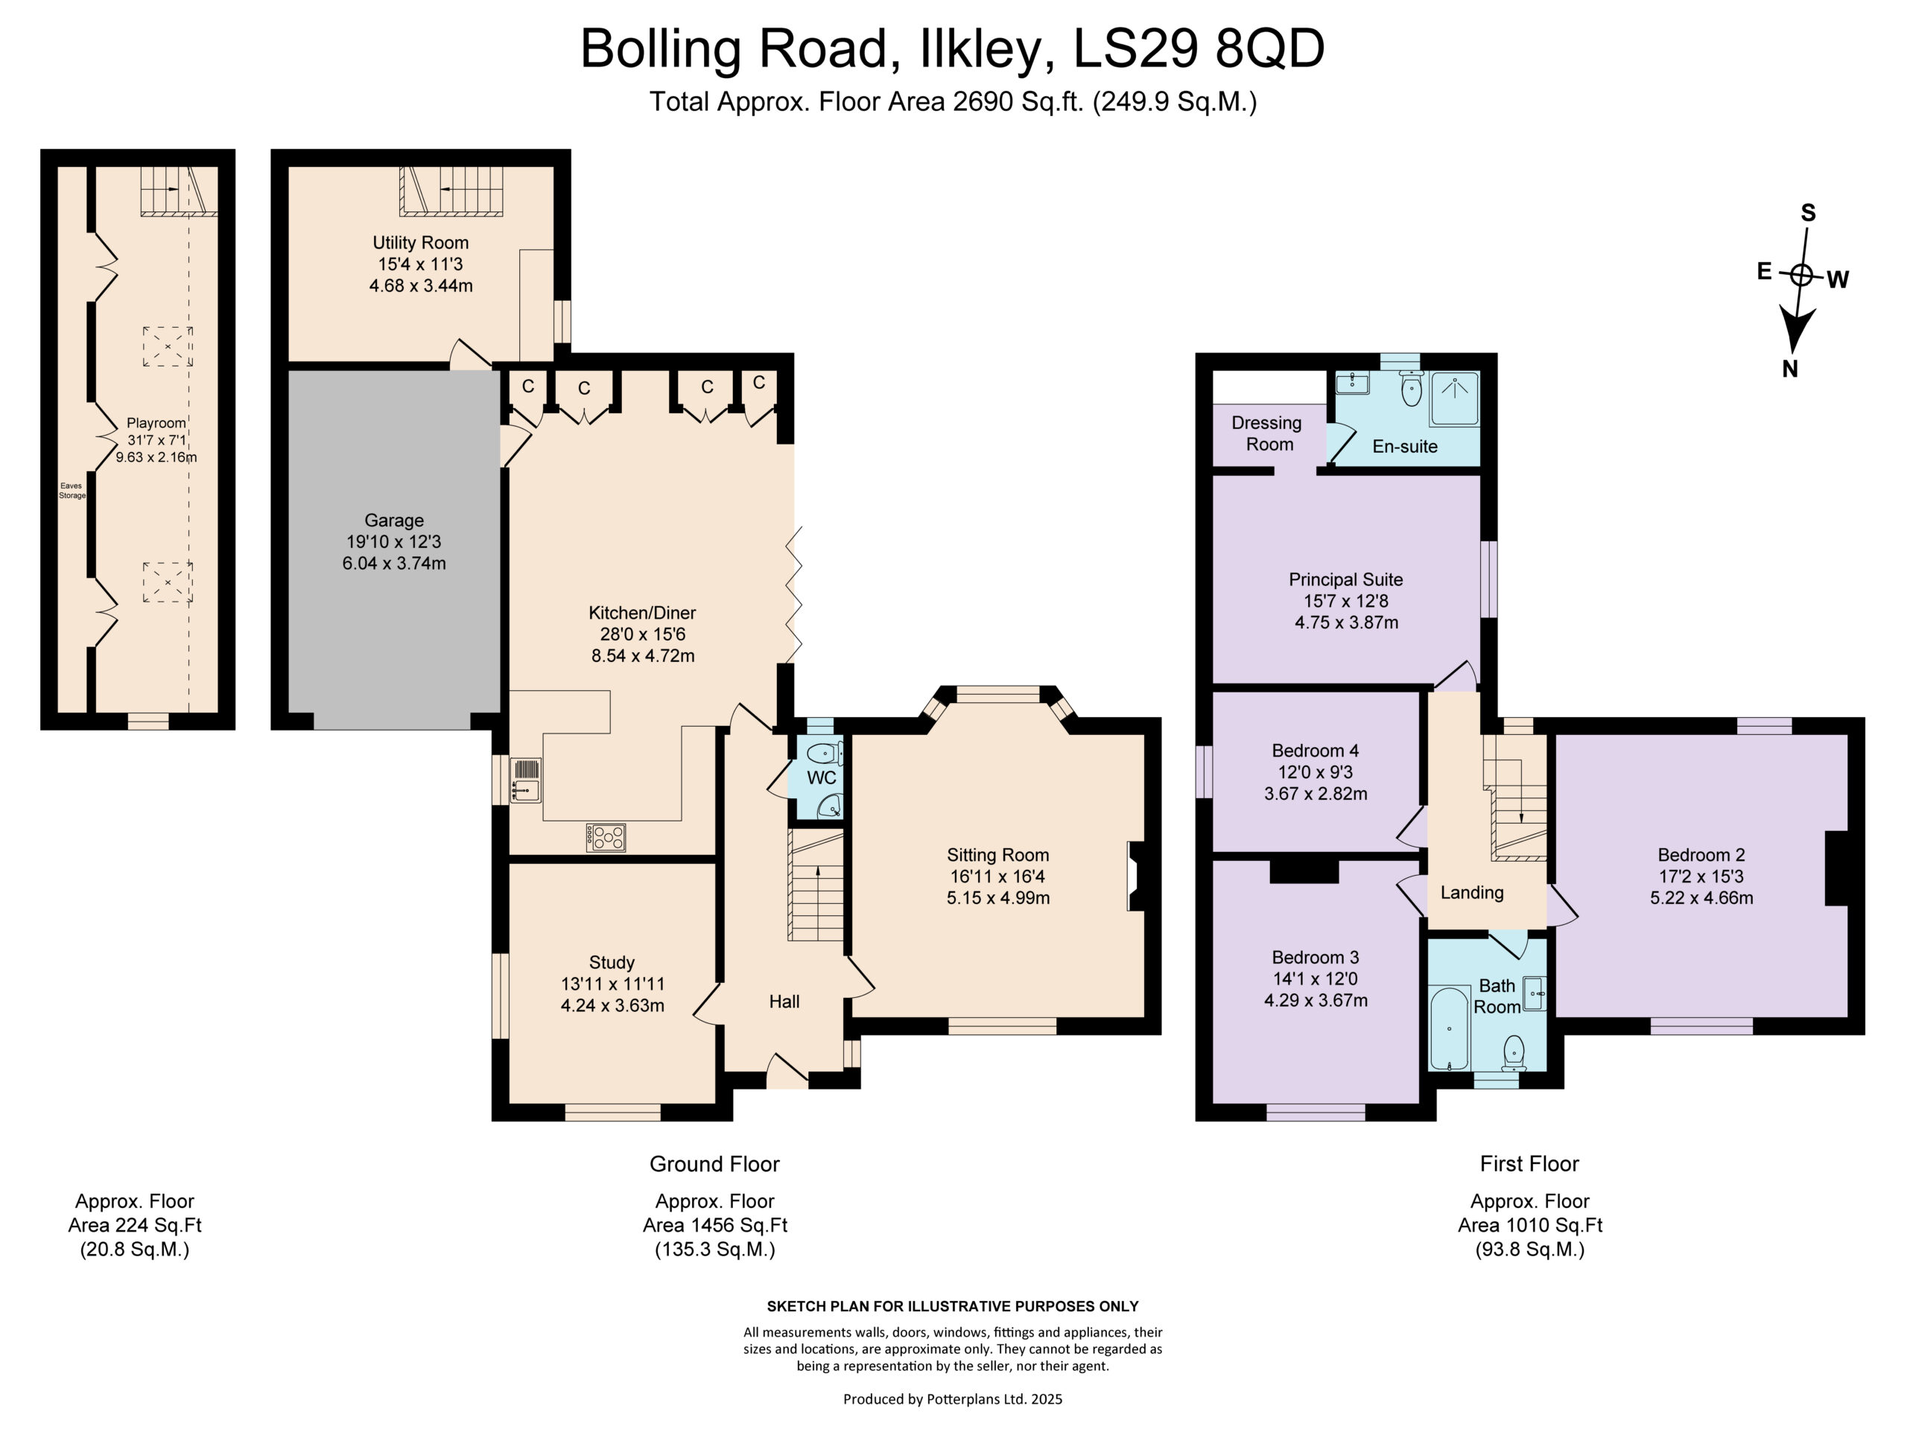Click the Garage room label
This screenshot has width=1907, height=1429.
pos(394,521)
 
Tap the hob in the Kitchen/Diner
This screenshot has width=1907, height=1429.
pos(606,837)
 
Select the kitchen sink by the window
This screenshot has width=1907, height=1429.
pos(525,779)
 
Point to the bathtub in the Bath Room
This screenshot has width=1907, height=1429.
pos(1449,1029)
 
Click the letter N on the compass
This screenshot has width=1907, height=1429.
pos(1790,369)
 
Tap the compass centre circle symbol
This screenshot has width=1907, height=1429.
pos(1802,275)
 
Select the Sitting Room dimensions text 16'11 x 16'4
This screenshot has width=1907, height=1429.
pos(997,876)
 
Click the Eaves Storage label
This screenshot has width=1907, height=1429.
pos(72,491)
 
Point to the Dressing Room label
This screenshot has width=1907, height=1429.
pos(1266,433)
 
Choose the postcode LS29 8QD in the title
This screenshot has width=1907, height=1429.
pos(1199,48)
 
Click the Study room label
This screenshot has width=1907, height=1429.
pos(612,963)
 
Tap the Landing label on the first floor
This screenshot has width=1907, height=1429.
pos(1472,893)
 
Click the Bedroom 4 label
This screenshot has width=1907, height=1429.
pos(1315,751)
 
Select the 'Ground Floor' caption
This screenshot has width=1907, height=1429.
pos(714,1165)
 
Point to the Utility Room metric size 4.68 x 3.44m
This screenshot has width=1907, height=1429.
pos(421,285)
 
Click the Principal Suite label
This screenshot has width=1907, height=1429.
pos(1346,580)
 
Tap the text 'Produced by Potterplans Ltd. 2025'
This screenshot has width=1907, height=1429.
pos(953,1398)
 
